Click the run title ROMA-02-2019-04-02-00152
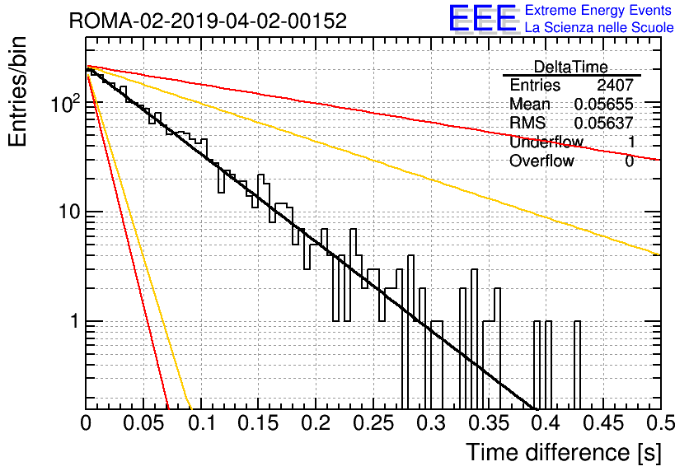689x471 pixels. coord(208,21)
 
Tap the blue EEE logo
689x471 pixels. coord(483,18)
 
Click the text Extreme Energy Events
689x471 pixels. coord(598,10)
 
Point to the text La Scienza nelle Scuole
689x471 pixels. coord(599,27)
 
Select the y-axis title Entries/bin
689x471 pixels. coord(17,91)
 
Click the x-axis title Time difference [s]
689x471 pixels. coord(564,452)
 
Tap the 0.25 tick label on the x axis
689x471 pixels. coord(374,423)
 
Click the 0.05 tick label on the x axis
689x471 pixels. coord(143,423)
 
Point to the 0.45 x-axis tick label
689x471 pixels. coord(604,423)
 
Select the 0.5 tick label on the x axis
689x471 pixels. coord(661,423)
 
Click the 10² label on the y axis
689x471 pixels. coord(65,104)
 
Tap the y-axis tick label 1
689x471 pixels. coord(74,321)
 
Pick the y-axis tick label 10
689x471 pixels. coord(69,212)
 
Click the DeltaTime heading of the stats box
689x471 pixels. coord(571,67)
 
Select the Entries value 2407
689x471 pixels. coord(615,85)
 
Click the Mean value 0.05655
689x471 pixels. coord(604,104)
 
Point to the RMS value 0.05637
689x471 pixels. coord(604,123)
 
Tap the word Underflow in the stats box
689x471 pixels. coord(546,142)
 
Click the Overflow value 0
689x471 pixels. coord(629,161)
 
